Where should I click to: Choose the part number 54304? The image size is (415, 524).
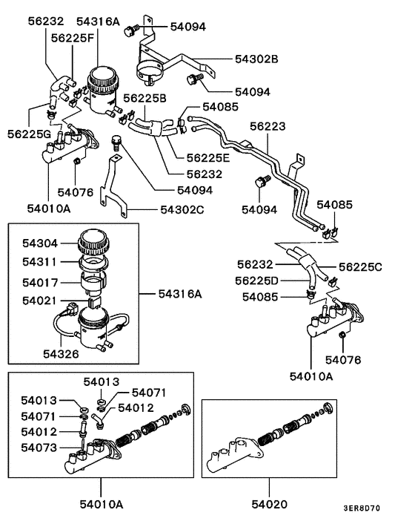click(39, 242)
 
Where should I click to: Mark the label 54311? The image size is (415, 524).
click(39, 261)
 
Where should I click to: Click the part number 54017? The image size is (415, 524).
click(39, 281)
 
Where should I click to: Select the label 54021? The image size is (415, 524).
click(39, 301)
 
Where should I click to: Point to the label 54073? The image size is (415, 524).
click(39, 447)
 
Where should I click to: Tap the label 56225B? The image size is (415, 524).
click(145, 98)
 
